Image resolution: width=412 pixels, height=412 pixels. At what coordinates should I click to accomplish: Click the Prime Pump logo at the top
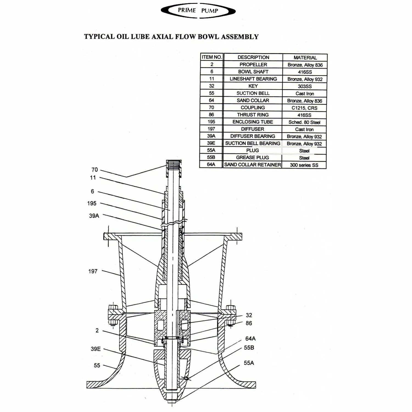pyautogui.click(x=198, y=11)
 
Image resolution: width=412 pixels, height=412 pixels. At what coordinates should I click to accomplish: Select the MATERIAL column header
pyautogui.click(x=305, y=58)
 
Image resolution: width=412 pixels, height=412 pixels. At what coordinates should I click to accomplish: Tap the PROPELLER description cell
pyautogui.click(x=253, y=65)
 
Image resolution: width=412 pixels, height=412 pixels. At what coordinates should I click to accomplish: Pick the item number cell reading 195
pyautogui.click(x=211, y=122)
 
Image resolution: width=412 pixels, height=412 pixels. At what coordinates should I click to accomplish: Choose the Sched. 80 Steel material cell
pyautogui.click(x=304, y=122)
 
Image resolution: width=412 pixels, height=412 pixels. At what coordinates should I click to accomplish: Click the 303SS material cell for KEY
pyautogui.click(x=305, y=86)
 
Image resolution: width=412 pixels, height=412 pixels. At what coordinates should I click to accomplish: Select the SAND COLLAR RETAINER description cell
pyautogui.click(x=252, y=165)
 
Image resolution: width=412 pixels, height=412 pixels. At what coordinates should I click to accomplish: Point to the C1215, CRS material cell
pyautogui.click(x=304, y=108)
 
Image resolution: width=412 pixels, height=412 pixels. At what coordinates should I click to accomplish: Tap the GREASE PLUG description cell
pyautogui.click(x=252, y=158)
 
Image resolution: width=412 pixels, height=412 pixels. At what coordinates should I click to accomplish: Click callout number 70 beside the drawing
pyautogui.click(x=94, y=170)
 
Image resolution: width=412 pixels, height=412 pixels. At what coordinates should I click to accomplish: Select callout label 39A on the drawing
pyautogui.click(x=94, y=216)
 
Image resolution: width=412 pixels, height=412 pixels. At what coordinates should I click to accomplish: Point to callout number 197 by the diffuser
pyautogui.click(x=93, y=271)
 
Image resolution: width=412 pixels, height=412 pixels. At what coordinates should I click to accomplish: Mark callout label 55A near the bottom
pyautogui.click(x=249, y=363)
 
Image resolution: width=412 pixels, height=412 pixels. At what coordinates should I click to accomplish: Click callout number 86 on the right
pyautogui.click(x=249, y=323)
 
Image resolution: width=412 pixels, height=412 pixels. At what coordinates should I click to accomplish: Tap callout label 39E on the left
pyautogui.click(x=96, y=349)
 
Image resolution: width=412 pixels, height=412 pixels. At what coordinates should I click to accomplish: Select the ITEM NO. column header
pyautogui.click(x=211, y=57)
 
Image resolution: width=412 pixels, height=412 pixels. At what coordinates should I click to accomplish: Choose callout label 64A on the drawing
pyautogui.click(x=250, y=338)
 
